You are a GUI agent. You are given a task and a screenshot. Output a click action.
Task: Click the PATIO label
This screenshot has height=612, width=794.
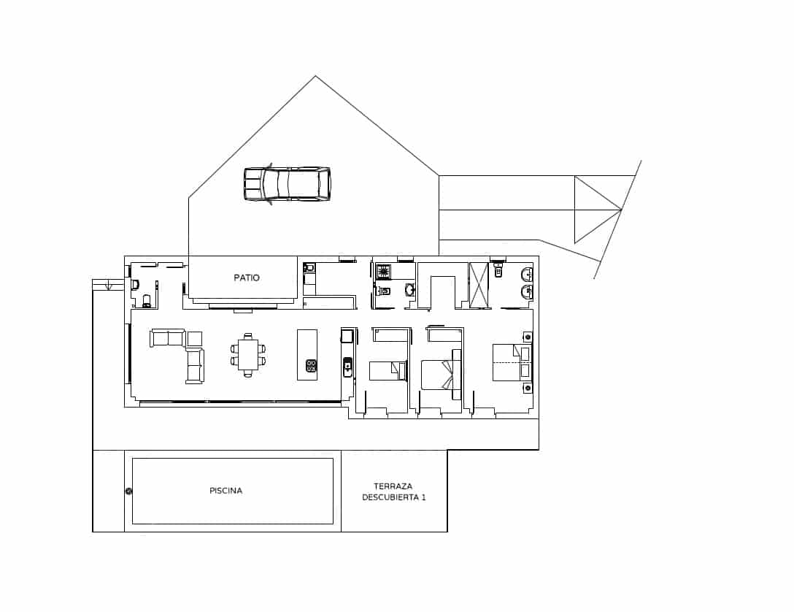tap(247, 278)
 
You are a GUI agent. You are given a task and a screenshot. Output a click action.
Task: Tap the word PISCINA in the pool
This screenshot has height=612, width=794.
tap(226, 491)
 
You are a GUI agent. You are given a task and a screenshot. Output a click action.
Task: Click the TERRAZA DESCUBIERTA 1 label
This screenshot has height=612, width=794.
tap(393, 491)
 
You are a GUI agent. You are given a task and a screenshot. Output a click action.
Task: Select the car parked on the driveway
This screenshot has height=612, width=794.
tap(287, 183)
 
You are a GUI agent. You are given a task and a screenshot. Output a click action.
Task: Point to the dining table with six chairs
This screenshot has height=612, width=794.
tap(248, 355)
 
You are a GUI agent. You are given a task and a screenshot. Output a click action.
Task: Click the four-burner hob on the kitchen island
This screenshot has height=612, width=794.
tap(311, 365)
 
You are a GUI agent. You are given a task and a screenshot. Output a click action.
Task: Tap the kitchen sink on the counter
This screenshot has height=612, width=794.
tap(347, 364)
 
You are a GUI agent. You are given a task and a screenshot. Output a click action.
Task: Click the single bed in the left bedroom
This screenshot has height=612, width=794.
tap(387, 371)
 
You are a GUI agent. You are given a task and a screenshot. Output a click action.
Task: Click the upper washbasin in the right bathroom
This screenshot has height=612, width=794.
tap(527, 275)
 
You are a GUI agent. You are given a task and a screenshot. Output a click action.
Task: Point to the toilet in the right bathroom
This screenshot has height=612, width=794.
tap(498, 272)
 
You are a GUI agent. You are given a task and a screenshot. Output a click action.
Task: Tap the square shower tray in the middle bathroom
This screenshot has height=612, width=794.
tap(384, 272)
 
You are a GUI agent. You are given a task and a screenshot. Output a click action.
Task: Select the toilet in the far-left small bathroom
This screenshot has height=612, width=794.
tap(147, 300)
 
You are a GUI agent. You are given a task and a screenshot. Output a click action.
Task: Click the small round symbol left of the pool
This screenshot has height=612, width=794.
tap(128, 491)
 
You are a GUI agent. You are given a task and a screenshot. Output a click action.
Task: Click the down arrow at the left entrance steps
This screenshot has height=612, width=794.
tap(109, 286)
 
